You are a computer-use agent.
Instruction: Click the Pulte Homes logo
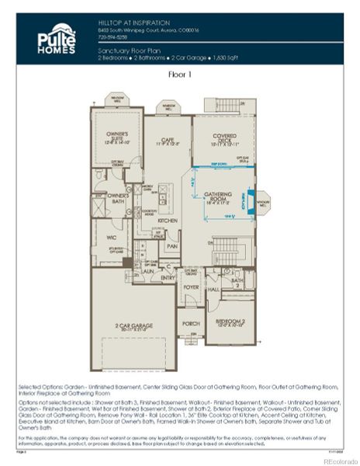coord(57,39)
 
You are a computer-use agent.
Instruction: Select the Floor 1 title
coord(179,75)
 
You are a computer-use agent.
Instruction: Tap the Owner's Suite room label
coord(117,138)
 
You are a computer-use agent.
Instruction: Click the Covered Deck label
coord(225,139)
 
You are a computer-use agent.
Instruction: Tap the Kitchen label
coord(168,221)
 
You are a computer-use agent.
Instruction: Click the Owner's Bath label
coord(117,196)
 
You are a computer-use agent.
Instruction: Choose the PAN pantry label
coord(173,245)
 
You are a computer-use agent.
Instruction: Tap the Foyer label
coord(191,287)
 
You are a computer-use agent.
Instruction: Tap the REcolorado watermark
coord(336,461)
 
